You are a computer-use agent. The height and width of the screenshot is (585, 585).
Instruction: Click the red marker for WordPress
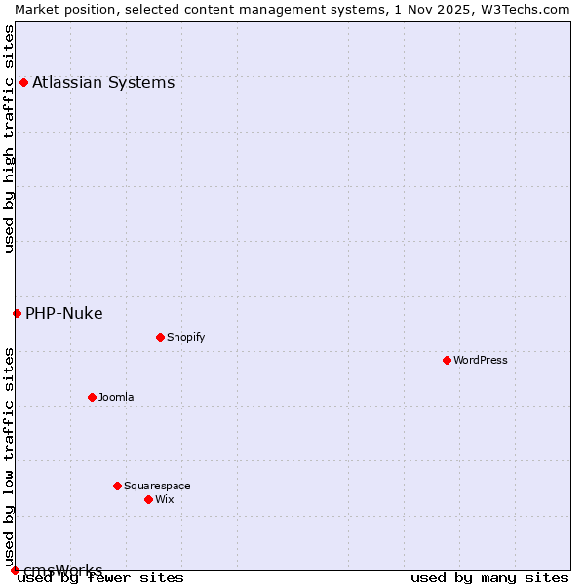click(447, 360)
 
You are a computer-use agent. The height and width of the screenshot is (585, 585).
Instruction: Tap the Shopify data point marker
click(160, 337)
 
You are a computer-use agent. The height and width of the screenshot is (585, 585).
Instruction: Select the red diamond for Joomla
click(92, 397)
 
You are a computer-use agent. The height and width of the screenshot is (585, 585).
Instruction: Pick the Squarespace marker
click(117, 486)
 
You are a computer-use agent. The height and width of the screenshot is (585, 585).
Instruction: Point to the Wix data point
click(148, 499)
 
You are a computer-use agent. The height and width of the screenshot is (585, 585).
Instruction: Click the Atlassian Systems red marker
click(23, 82)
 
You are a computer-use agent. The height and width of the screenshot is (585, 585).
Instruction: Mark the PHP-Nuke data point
click(17, 313)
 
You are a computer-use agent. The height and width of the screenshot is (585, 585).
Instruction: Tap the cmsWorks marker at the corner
click(15, 570)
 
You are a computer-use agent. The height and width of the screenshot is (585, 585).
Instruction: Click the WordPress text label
click(481, 360)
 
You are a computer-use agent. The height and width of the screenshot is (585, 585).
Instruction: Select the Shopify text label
click(185, 337)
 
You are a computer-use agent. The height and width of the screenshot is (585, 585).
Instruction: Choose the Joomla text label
click(116, 397)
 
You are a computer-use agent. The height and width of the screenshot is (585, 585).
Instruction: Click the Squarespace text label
click(157, 486)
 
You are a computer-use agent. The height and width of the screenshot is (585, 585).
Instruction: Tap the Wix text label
click(164, 499)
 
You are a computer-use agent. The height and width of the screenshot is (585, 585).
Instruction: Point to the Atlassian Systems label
click(103, 82)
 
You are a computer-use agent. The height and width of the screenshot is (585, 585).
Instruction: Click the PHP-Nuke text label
click(64, 313)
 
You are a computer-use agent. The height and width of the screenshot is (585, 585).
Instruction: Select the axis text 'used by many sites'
click(489, 578)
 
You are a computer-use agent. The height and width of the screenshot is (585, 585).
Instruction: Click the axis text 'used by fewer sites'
click(100, 578)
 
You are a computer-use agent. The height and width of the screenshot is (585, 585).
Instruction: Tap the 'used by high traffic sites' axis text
click(9, 138)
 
